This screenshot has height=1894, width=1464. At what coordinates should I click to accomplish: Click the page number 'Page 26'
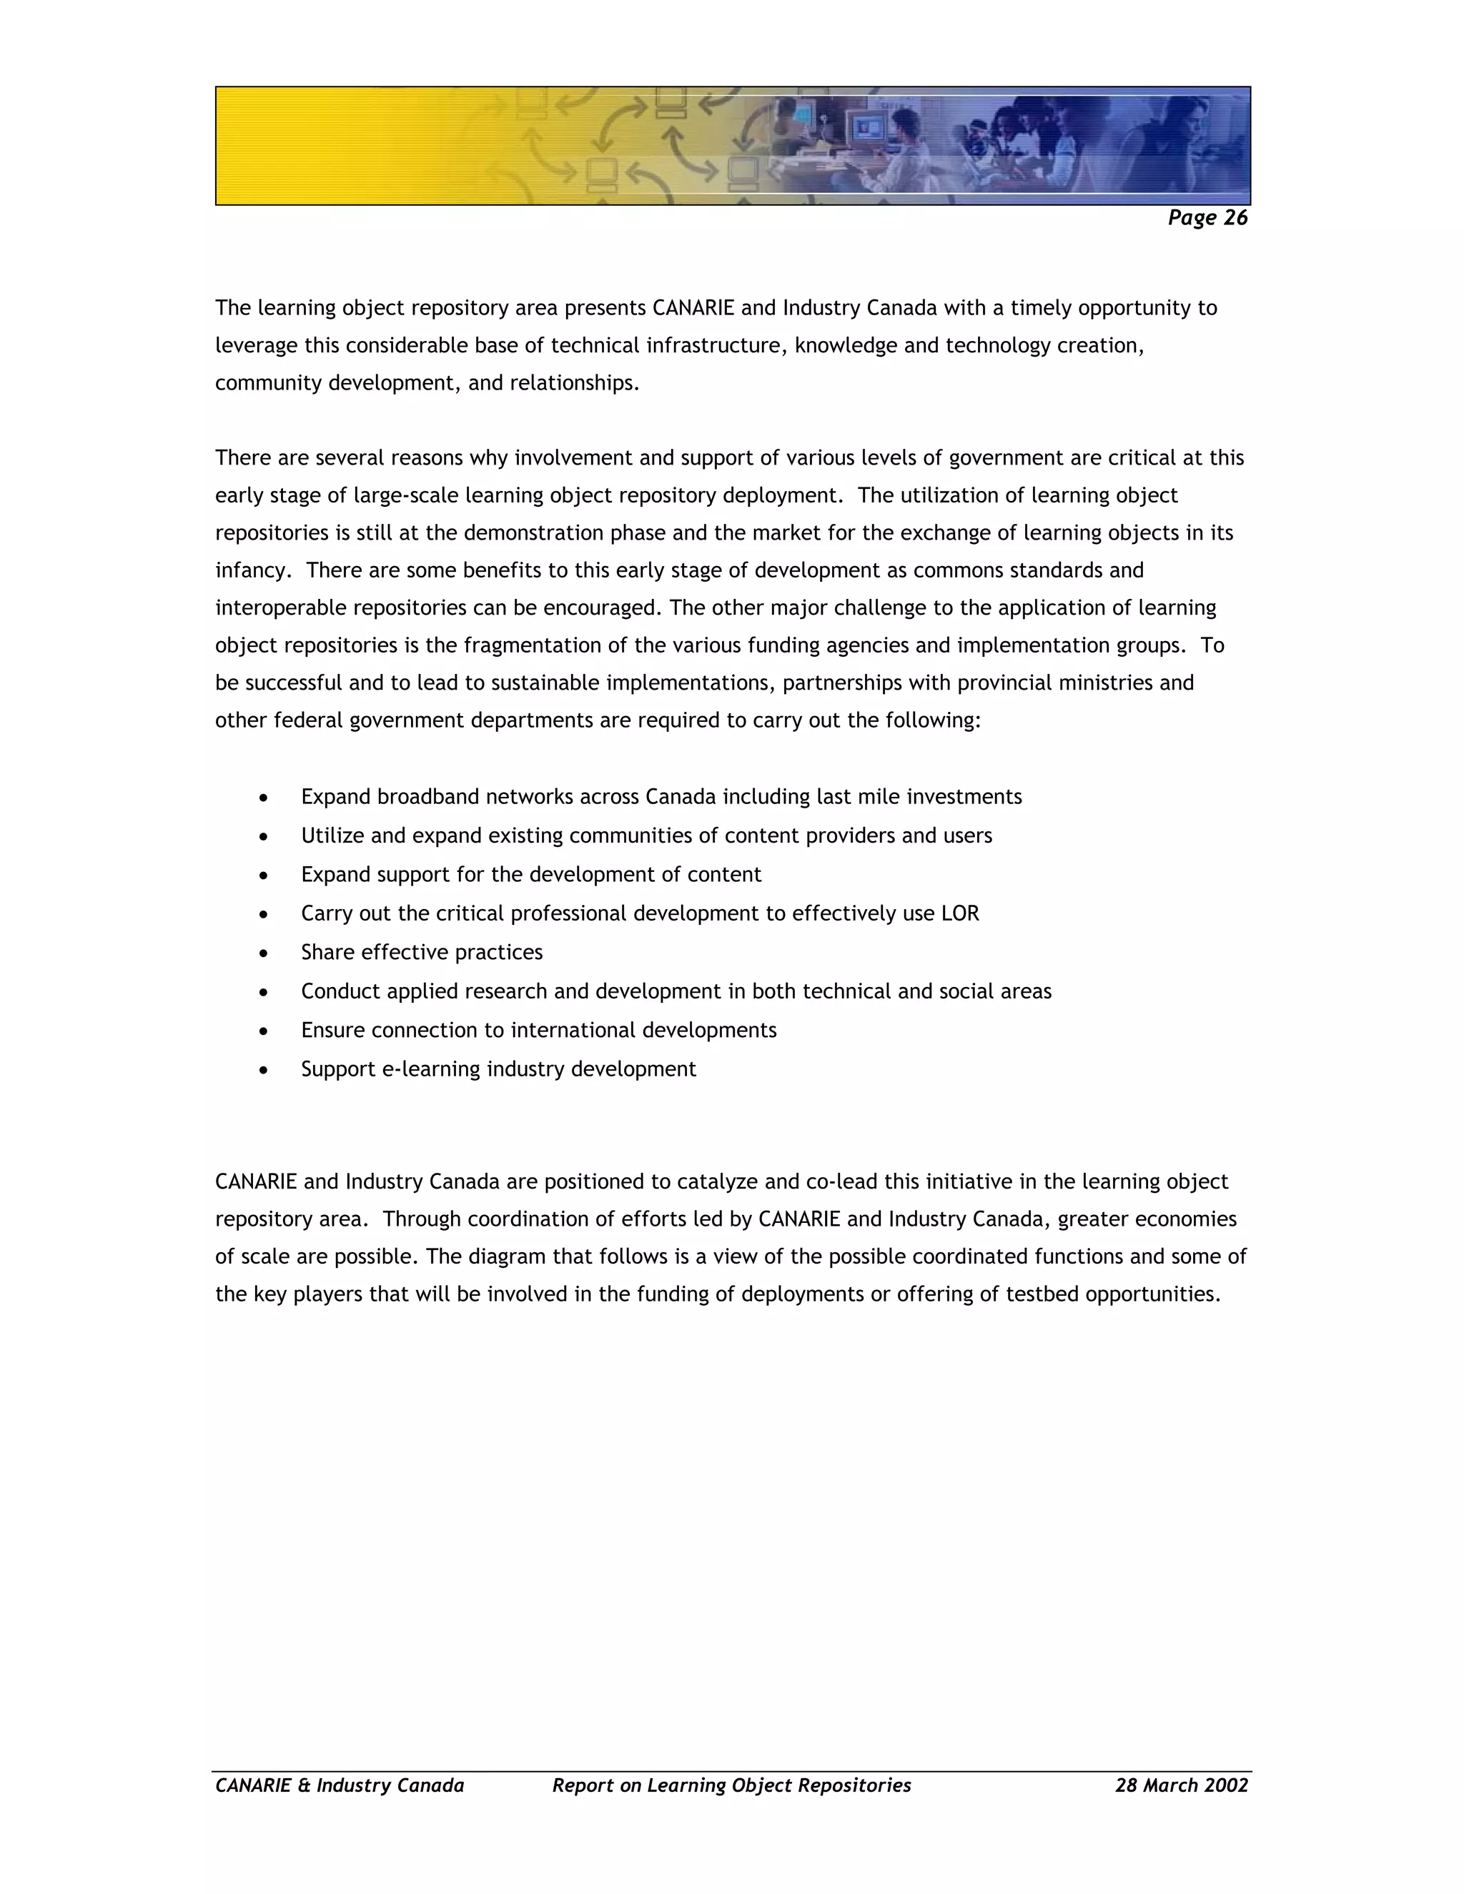(x=1207, y=218)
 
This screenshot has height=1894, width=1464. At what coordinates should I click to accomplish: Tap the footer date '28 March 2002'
(x=1180, y=1785)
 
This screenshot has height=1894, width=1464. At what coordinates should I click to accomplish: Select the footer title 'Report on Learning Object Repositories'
(x=731, y=1785)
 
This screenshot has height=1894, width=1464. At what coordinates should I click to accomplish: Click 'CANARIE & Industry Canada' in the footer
(x=339, y=1785)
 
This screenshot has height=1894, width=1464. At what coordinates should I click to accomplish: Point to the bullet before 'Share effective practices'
(x=264, y=953)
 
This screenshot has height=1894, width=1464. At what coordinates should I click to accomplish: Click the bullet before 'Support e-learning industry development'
(x=264, y=1070)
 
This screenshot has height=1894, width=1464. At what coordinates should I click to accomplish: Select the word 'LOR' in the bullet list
(x=959, y=913)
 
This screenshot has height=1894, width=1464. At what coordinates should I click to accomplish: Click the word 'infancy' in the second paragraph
(x=251, y=570)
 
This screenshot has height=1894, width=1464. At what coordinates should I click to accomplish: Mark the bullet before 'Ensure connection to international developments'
(x=264, y=1031)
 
